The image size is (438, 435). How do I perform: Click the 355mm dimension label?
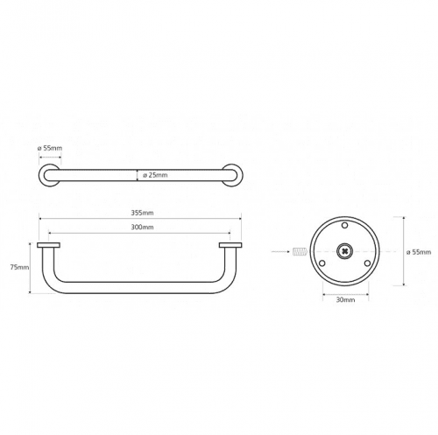coord(142,213)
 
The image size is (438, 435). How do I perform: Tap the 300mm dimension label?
coord(142,227)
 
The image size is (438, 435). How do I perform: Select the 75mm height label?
coord(19,267)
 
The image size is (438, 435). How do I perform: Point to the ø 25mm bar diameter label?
coord(155,175)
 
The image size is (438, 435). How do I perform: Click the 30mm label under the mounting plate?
coord(345,299)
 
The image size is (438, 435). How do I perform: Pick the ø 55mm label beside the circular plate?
coord(419,252)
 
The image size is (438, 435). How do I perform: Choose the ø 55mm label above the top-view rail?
coord(50,148)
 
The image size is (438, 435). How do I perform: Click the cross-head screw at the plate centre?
coord(345,251)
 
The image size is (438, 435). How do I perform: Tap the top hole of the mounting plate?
coord(345,225)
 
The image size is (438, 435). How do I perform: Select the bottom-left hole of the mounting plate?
coord(322,263)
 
